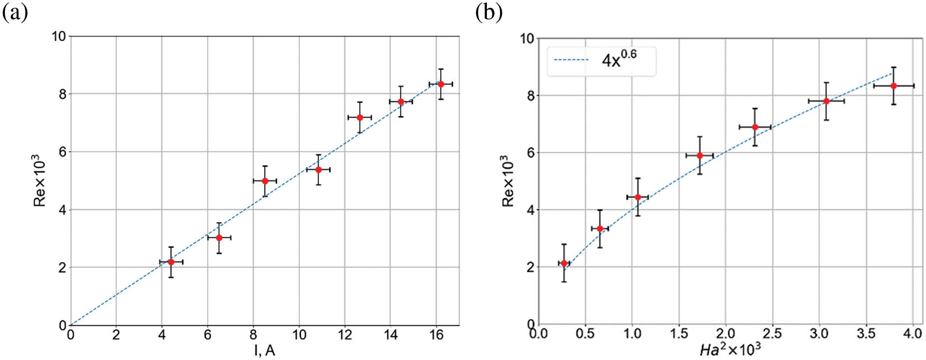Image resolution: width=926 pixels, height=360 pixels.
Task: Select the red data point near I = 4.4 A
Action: click(171, 262)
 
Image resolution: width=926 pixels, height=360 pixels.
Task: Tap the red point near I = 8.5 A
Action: click(265, 181)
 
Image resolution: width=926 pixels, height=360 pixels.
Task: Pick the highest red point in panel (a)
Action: click(441, 84)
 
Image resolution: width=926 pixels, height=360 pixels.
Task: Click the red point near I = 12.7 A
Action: click(360, 117)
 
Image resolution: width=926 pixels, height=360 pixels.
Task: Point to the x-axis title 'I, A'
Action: click(265, 350)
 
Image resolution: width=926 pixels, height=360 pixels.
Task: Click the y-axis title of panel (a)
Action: click(39, 181)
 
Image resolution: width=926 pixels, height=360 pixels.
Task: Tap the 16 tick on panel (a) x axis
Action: click(437, 336)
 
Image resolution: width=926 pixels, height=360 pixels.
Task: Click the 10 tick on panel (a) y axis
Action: click(59, 37)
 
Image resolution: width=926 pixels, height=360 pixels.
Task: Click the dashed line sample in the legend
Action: click(572, 60)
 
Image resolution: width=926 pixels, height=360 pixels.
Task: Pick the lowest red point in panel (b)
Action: click(564, 263)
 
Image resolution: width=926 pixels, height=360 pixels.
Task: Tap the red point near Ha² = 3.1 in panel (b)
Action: click(827, 101)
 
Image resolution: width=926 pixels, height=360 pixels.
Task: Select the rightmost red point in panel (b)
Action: click(894, 86)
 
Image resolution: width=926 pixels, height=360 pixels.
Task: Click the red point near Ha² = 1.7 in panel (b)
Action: click(700, 155)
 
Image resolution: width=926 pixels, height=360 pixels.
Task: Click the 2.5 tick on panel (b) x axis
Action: click(772, 334)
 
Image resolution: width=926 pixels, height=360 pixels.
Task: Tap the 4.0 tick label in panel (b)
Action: click(911, 334)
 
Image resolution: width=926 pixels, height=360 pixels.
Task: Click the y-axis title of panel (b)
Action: click(508, 181)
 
